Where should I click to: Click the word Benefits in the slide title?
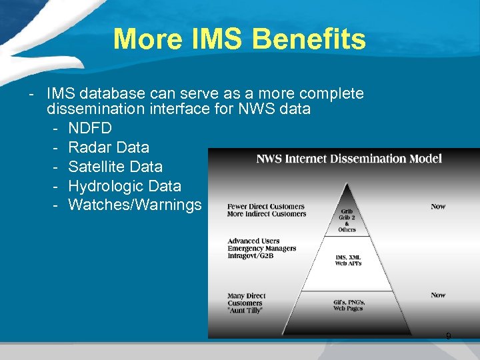(311, 39)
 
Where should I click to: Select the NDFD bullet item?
(90, 127)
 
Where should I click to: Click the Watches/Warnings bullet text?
(135, 205)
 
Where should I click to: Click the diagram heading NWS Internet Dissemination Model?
(349, 159)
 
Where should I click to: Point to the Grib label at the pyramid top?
(347, 211)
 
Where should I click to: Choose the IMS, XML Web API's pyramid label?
(348, 259)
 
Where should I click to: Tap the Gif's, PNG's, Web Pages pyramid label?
(349, 305)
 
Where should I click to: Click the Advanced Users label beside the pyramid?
(253, 241)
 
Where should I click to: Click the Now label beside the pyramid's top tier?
(438, 207)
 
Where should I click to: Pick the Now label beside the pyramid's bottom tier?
(438, 295)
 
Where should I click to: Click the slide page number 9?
(448, 336)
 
